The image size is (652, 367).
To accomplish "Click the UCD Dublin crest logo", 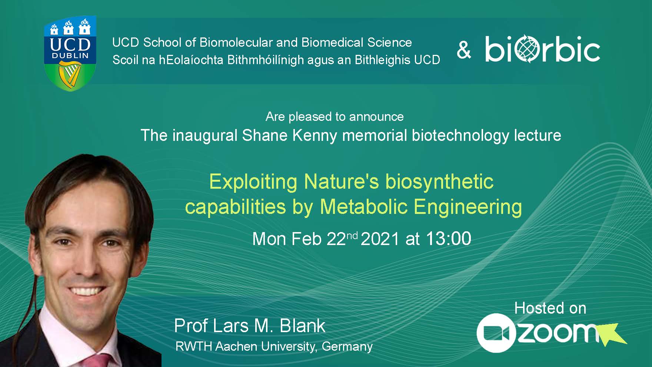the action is click(x=70, y=54).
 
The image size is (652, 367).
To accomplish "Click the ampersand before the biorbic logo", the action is click(x=464, y=50).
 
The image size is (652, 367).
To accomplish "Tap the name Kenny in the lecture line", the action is click(x=315, y=136).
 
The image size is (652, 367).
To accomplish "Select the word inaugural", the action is click(x=204, y=136).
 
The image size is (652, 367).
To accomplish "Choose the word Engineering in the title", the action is click(x=468, y=207).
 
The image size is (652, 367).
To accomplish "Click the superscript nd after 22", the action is click(x=352, y=235).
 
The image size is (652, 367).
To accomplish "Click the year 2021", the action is click(x=380, y=239).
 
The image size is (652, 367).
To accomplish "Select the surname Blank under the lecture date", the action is click(x=303, y=326).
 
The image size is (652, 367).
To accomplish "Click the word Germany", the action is click(x=347, y=346).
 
